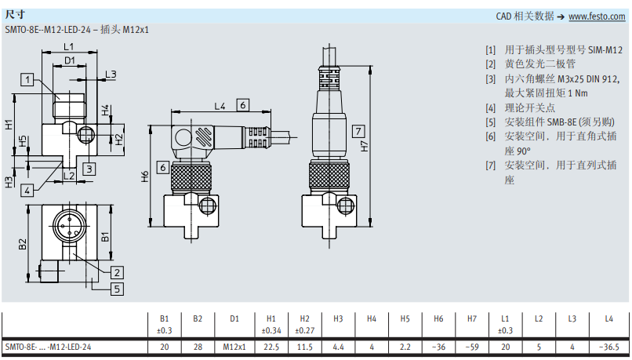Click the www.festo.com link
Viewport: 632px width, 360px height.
(602, 16)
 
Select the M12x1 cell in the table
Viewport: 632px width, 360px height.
(234, 347)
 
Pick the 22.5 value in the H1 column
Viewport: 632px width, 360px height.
(271, 347)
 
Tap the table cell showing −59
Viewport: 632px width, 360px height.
(473, 347)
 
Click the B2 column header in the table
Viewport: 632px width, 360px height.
(198, 318)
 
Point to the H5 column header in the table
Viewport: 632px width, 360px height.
(405, 318)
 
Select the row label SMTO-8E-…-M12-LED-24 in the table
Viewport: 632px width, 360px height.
(49, 347)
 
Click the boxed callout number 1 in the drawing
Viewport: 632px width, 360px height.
(28, 78)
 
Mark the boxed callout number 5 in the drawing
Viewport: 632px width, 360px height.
(117, 289)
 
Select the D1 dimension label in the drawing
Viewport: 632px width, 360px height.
(70, 60)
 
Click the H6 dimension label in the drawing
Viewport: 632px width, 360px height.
(144, 177)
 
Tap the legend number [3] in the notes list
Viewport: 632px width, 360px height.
(491, 78)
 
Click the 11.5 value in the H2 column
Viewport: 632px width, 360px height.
(305, 347)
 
